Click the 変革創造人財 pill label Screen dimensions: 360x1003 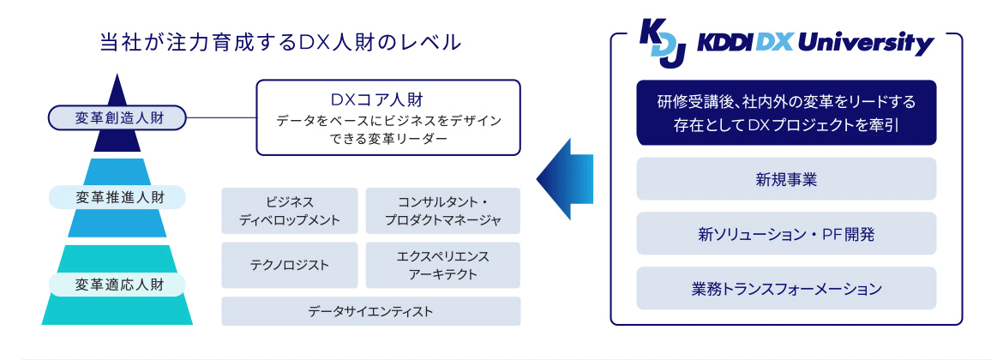(118, 117)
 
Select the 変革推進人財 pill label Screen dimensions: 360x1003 (118, 198)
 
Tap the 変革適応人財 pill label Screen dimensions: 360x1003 (118, 284)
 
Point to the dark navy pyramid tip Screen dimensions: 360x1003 (117, 89)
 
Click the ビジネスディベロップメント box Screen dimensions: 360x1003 (290, 211)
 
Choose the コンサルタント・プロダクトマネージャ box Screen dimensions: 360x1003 (443, 211)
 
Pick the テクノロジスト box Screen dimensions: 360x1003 (290, 265)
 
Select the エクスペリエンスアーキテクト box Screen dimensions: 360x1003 (443, 265)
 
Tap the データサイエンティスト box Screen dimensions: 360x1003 (371, 311)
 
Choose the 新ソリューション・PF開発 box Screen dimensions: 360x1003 (786, 233)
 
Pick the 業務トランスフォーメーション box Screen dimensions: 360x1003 (786, 289)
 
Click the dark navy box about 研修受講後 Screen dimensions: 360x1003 (786, 113)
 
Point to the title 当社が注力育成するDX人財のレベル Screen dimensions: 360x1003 (281, 41)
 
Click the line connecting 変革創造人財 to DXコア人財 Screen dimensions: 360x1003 (222, 117)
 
